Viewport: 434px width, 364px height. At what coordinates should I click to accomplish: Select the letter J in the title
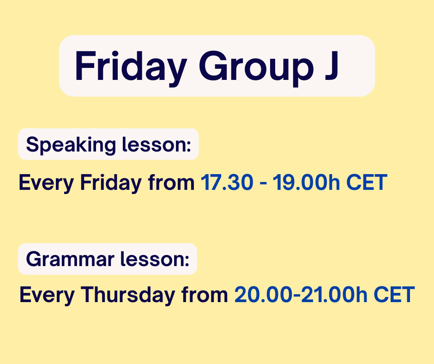pos(332,66)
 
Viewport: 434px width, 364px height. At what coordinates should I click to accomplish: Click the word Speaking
pos(71,145)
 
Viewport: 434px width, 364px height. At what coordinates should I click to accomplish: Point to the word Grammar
pos(70,259)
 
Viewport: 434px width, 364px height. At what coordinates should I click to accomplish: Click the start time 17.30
pos(227,182)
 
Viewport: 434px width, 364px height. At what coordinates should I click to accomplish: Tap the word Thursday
pos(128,294)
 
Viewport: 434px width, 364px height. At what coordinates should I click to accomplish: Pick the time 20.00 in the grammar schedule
pos(263,295)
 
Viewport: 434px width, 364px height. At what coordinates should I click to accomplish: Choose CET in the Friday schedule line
pos(367,182)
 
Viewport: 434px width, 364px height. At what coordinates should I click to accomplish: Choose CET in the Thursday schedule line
pos(394,295)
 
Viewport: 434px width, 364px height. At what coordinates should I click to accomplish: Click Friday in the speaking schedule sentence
pos(111,183)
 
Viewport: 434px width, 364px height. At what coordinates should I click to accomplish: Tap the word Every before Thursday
pos(47,295)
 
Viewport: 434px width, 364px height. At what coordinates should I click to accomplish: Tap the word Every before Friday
pos(46,183)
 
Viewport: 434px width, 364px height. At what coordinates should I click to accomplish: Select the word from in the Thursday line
pos(205,294)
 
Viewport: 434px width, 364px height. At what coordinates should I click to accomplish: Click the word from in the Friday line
pos(171,182)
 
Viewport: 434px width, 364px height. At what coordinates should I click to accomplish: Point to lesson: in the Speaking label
pos(157,144)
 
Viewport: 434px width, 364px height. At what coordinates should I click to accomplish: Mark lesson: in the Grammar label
pos(155,259)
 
